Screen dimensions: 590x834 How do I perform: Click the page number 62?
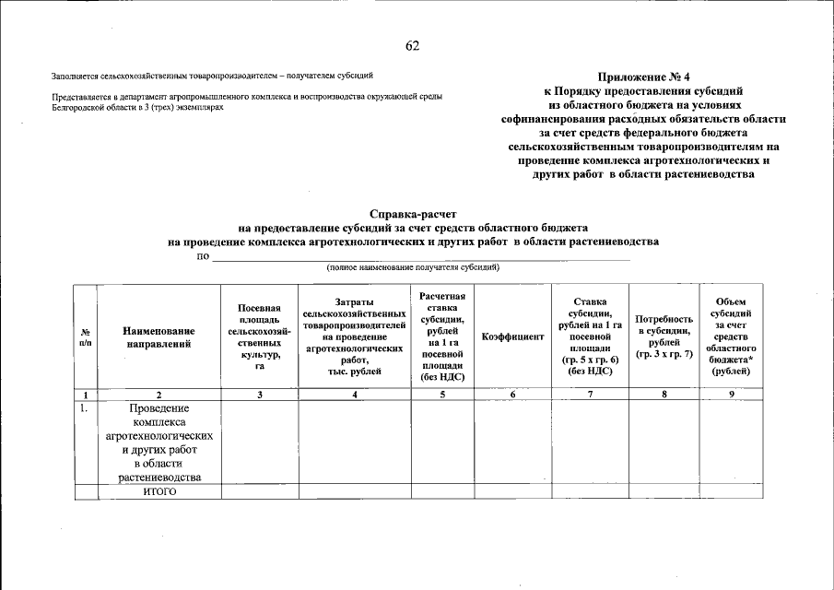[412, 46]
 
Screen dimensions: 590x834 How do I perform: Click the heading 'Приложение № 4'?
[642, 77]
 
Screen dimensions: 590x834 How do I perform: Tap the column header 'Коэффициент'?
[512, 337]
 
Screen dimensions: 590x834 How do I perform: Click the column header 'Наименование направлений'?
[159, 337]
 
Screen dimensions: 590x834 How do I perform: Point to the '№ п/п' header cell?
[85, 337]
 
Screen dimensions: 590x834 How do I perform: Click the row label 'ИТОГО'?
[159, 491]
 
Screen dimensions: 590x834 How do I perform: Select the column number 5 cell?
[442, 395]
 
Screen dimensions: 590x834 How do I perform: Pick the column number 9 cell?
[732, 395]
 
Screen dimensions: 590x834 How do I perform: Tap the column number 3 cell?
[259, 395]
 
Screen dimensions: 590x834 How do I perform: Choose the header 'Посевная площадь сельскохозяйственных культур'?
[259, 336]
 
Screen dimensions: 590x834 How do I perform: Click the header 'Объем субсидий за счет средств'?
[732, 336]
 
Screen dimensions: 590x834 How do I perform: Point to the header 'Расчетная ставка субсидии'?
[442, 336]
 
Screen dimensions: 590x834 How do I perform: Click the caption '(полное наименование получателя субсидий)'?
[412, 267]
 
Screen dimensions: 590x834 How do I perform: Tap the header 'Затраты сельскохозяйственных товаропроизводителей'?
[354, 336]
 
